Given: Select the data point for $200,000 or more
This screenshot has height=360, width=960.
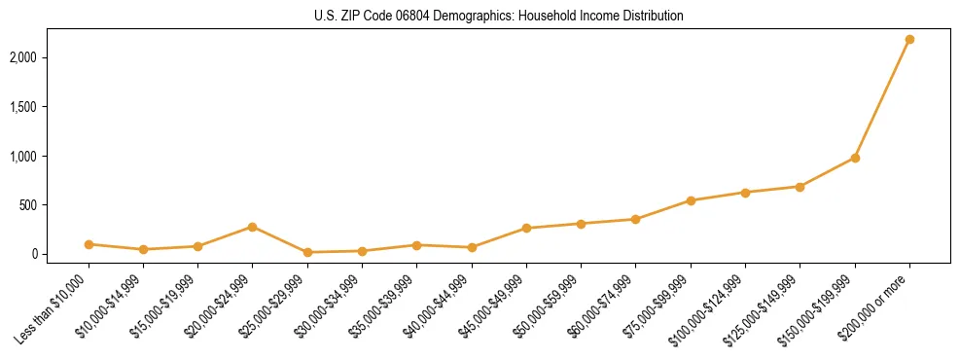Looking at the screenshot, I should pos(909,40).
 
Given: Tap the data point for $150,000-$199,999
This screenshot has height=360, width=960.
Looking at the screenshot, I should pos(855,158).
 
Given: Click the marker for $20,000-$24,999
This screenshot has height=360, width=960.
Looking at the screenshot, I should pos(253,227).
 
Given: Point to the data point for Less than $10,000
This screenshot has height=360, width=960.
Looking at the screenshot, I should pos(89,244).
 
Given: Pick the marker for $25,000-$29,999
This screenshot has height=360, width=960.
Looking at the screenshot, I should pos(307,252).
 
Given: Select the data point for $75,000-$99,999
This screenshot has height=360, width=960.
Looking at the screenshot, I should pos(691,200).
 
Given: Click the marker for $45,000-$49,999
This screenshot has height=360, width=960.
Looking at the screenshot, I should pos(526,229).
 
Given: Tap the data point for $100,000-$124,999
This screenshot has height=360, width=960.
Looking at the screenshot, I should pos(745,193).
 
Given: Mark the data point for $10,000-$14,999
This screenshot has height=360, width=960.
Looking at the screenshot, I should pos(143,250).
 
